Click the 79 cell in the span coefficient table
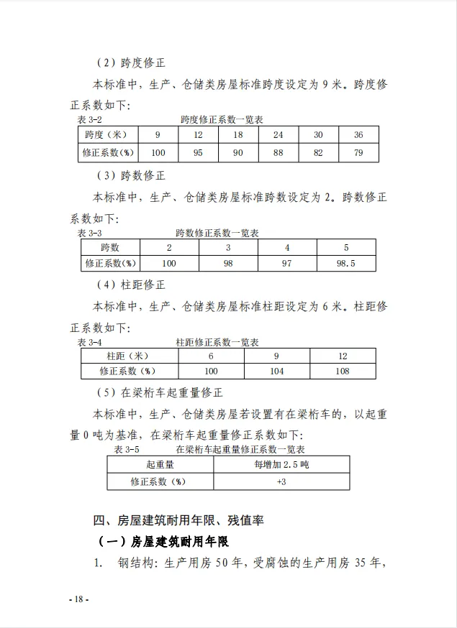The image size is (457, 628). click(358, 152)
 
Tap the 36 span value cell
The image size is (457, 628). click(358, 135)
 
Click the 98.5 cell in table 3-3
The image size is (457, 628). click(346, 264)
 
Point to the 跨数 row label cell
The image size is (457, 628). click(110, 247)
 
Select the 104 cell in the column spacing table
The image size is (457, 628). click(277, 371)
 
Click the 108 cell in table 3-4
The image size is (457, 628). click(343, 371)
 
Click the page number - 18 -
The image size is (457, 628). click(78, 599)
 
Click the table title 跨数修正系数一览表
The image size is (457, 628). click(217, 233)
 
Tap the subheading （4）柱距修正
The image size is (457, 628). click(132, 285)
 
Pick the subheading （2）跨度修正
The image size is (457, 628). click(132, 63)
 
